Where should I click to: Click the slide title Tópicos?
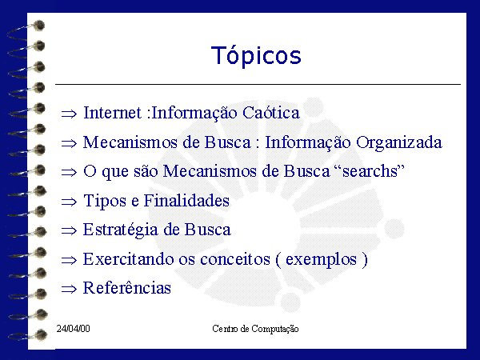click(x=256, y=55)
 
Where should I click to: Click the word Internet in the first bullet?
click(x=112, y=112)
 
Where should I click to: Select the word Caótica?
click(x=271, y=112)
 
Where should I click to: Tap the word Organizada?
click(x=399, y=142)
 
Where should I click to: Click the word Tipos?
click(x=105, y=201)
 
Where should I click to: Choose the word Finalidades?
click(x=186, y=201)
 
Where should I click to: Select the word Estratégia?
click(x=121, y=230)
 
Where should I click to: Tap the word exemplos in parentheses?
click(x=321, y=260)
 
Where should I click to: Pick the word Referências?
click(x=126, y=288)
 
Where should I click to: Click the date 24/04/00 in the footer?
click(x=73, y=329)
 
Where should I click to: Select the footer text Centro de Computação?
click(x=255, y=329)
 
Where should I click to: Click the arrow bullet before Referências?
click(x=69, y=289)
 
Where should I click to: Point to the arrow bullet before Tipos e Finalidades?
click(x=69, y=202)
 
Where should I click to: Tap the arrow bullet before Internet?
click(x=69, y=114)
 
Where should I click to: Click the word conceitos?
click(x=235, y=259)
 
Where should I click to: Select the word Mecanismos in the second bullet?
click(x=130, y=142)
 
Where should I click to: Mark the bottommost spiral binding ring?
click(x=27, y=335)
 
